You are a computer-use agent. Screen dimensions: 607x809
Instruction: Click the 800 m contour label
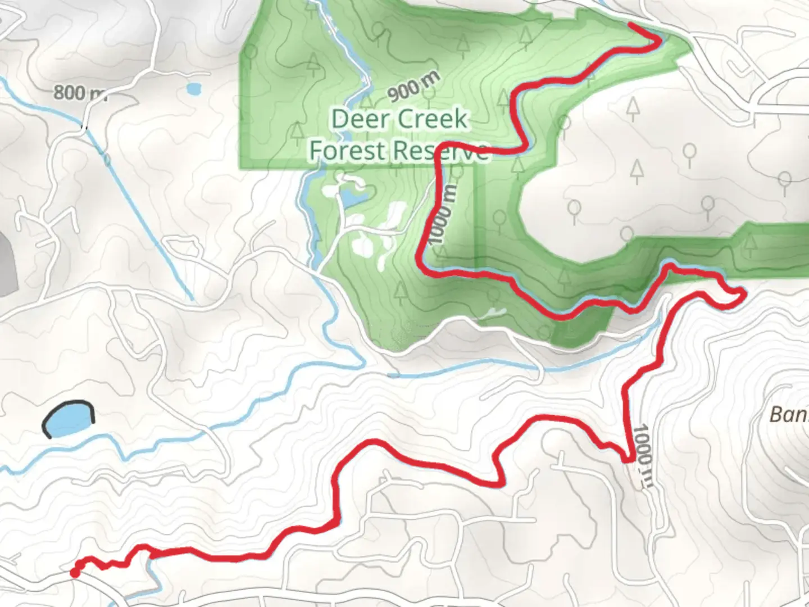(x=79, y=93)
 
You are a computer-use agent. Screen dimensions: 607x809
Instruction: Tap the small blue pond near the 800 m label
(x=193, y=89)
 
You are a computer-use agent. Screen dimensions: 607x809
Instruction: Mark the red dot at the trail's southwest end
(x=74, y=572)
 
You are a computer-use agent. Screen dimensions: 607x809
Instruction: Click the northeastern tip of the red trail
(x=631, y=25)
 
